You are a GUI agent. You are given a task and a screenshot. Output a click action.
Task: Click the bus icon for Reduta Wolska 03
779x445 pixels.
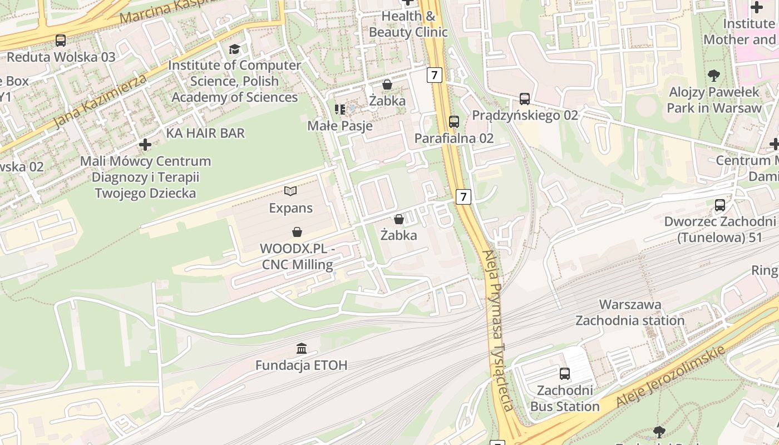tap(60, 41)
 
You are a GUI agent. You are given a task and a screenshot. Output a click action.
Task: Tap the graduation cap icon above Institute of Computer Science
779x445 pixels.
tap(234, 50)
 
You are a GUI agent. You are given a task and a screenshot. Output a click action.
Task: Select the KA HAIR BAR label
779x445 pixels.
tap(205, 133)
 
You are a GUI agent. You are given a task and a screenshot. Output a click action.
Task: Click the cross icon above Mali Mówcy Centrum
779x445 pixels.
tap(145, 145)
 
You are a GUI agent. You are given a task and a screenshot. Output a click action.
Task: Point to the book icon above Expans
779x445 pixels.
tap(290, 191)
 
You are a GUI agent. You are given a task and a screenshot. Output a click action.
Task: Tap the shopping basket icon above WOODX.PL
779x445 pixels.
tap(297, 231)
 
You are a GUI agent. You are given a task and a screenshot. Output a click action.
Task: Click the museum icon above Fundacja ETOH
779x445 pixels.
tap(302, 349)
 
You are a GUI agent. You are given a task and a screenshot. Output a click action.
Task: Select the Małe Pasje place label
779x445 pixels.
tap(340, 126)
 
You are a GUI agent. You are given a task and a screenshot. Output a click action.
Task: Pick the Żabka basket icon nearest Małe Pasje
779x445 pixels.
tap(387, 85)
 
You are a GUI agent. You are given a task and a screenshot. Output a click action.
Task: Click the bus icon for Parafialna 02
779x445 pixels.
tap(454, 121)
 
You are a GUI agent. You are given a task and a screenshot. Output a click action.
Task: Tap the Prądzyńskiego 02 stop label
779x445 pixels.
tap(525, 115)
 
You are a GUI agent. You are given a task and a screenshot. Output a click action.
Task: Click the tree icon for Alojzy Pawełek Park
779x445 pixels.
tap(713, 75)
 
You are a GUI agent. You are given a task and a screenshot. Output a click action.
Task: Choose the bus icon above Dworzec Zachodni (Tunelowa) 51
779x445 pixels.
tap(720, 205)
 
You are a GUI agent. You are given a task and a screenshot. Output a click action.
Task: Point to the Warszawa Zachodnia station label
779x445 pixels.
tap(630, 313)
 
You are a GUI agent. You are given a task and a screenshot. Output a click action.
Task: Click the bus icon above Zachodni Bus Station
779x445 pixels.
tap(565, 373)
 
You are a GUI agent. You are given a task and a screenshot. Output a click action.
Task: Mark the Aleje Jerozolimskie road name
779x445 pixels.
tap(670, 377)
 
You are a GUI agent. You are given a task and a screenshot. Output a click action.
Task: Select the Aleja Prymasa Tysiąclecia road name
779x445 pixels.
tap(499, 330)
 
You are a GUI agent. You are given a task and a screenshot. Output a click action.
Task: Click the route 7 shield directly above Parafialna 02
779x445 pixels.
tap(435, 75)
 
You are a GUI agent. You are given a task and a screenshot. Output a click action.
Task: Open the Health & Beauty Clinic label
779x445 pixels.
tap(408, 24)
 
